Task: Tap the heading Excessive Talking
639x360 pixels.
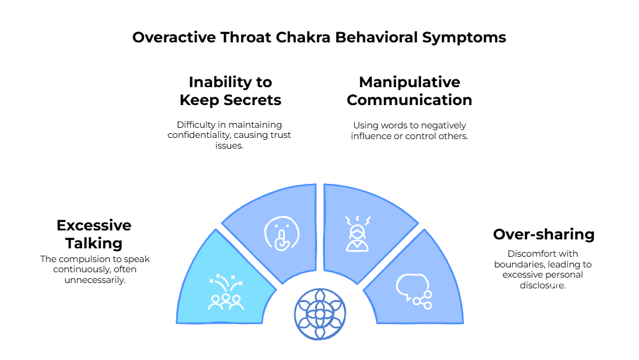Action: pyautogui.click(x=94, y=234)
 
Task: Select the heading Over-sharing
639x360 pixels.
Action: pyautogui.click(x=543, y=234)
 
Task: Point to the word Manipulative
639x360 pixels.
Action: pyautogui.click(x=410, y=82)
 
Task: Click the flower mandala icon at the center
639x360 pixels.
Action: pyautogui.click(x=320, y=314)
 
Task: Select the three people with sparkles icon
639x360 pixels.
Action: pyautogui.click(x=226, y=293)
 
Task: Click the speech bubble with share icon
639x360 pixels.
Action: pyautogui.click(x=414, y=291)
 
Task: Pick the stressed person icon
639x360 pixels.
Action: pyautogui.click(x=358, y=233)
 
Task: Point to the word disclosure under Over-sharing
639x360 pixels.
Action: pyautogui.click(x=542, y=285)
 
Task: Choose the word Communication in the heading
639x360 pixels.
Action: pyautogui.click(x=410, y=100)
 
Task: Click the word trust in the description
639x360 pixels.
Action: pyautogui.click(x=279, y=135)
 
